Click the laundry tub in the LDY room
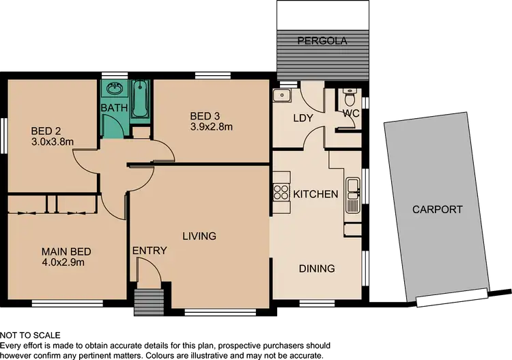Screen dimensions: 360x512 pyautogui.click(x=282, y=96)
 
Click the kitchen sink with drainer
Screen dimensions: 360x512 pyautogui.click(x=353, y=195)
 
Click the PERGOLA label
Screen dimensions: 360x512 pyautogui.click(x=322, y=41)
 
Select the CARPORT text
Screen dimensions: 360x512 pyautogui.click(x=437, y=210)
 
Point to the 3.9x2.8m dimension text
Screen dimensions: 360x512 pyautogui.click(x=212, y=126)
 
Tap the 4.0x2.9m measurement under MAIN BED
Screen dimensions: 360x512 pyautogui.click(x=66, y=262)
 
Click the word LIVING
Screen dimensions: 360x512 pyautogui.click(x=199, y=236)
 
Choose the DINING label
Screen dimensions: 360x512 pyautogui.click(x=317, y=268)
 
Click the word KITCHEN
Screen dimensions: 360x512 pyautogui.click(x=315, y=194)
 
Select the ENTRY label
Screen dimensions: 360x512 pyautogui.click(x=149, y=251)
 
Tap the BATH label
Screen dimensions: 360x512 pyautogui.click(x=113, y=109)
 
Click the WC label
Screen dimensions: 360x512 pyautogui.click(x=351, y=113)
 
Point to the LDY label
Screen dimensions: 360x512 pyautogui.click(x=302, y=118)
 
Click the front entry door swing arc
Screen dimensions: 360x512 pyautogui.click(x=152, y=273)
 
